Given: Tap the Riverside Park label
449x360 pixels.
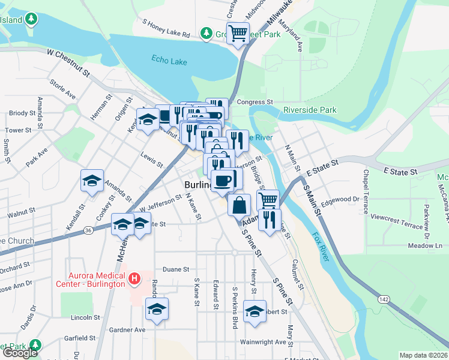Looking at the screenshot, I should tap(310, 110).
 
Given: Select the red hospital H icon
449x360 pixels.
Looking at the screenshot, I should tap(135, 278).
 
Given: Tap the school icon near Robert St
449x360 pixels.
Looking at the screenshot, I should tap(255, 311).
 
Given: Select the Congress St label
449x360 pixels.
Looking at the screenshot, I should tap(255, 102).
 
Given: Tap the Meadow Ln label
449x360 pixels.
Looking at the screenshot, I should tap(425, 245).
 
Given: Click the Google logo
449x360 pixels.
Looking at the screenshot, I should tap(20, 353).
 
